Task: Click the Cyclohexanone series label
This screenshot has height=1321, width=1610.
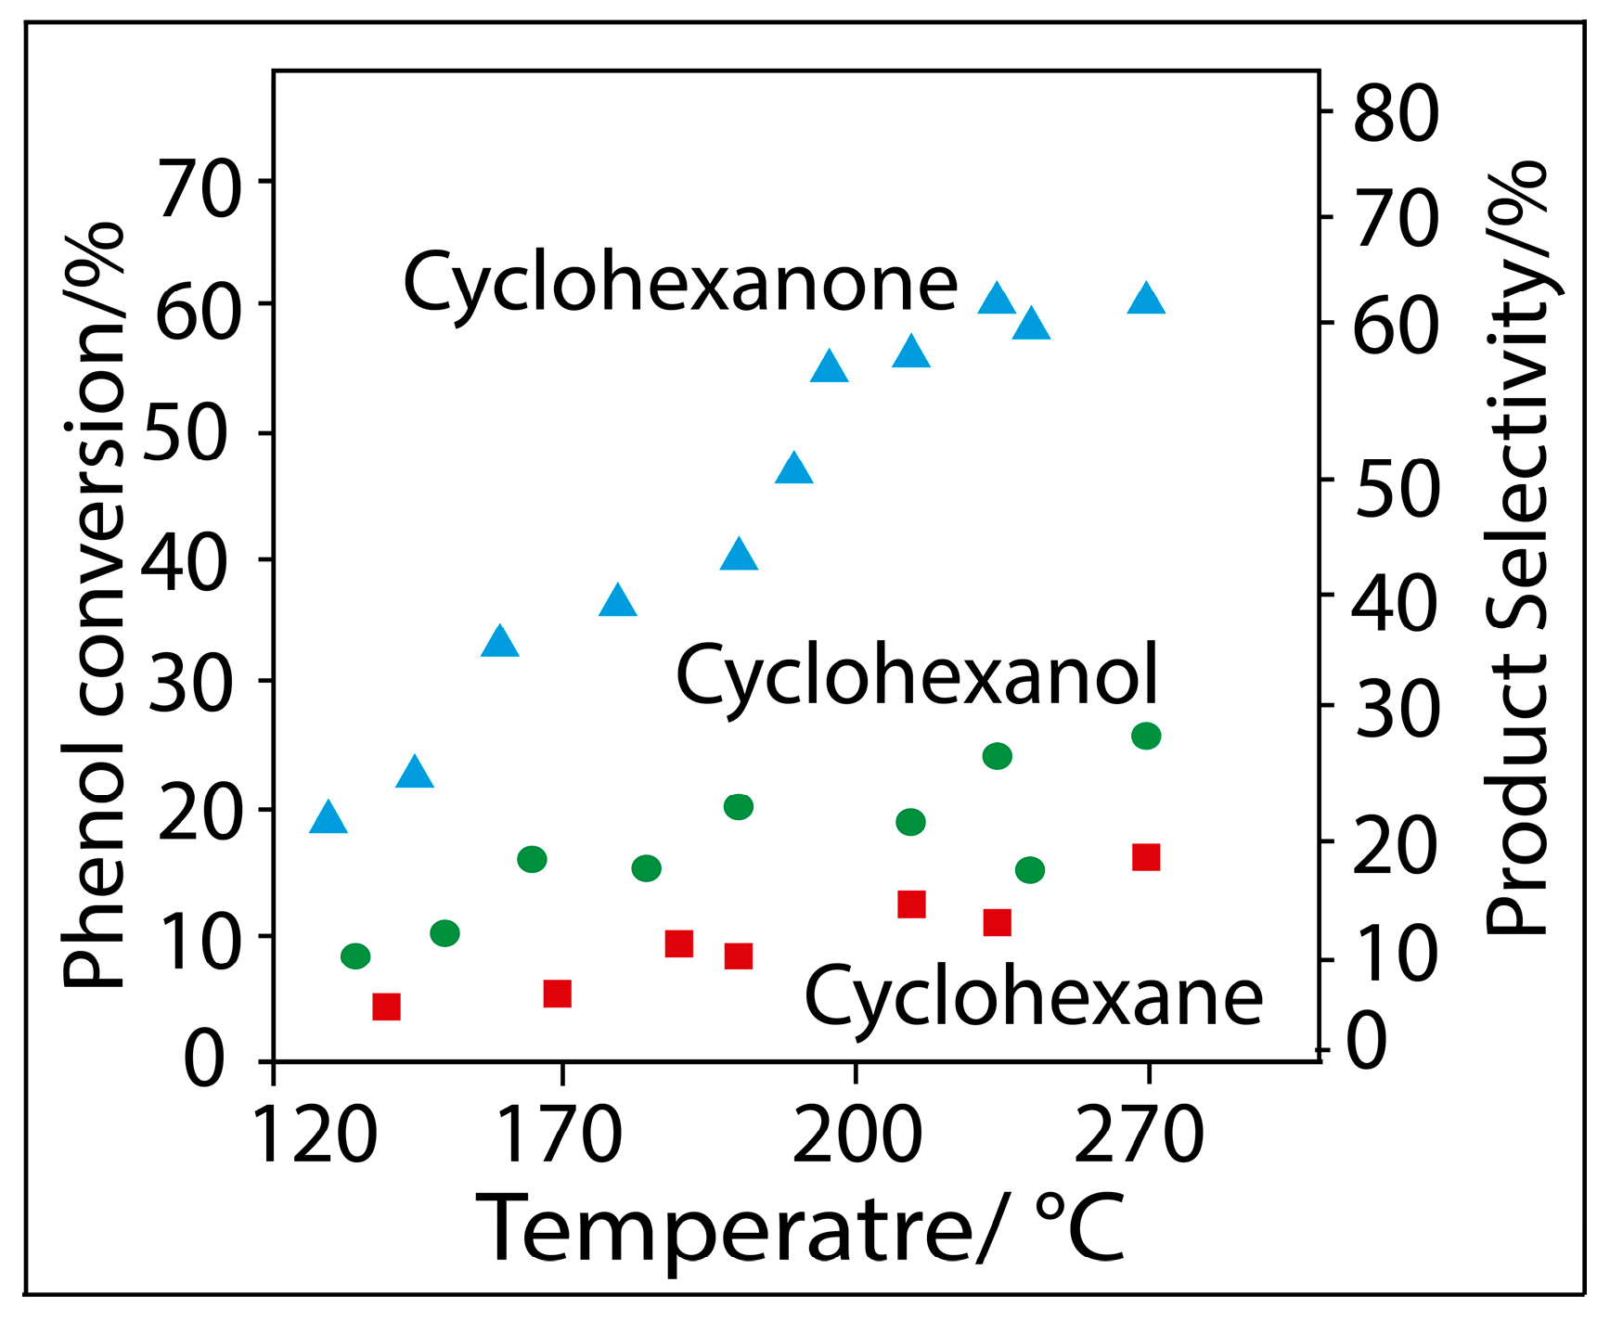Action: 680,283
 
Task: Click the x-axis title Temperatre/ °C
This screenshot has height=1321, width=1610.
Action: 800,1229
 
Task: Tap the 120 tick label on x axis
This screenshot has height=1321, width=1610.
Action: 315,1135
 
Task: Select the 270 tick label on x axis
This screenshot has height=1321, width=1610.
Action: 1139,1135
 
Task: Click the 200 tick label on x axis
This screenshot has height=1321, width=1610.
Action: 857,1135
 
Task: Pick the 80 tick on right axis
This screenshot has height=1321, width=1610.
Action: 1396,114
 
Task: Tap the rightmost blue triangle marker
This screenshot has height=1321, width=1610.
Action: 1146,299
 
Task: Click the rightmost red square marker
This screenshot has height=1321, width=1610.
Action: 1146,857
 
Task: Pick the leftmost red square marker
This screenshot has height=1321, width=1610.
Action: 386,1007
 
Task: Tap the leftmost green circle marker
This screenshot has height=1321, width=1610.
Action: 355,955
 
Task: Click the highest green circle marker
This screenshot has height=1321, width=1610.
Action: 1146,736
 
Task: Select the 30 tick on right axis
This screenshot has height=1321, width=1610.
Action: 1396,711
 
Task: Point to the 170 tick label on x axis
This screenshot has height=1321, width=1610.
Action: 560,1135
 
